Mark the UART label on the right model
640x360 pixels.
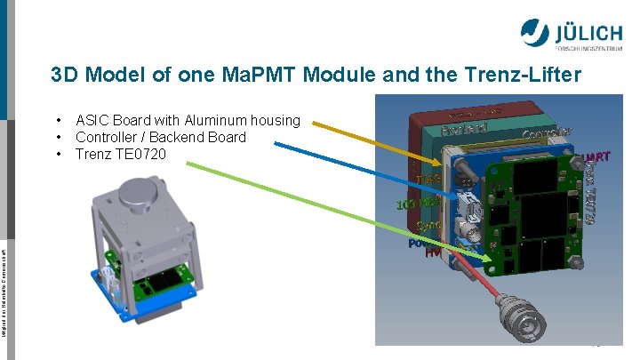pos(593,159)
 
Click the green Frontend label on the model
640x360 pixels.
pos(464,130)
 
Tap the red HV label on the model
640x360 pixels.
pos(434,252)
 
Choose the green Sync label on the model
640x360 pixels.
pos(428,226)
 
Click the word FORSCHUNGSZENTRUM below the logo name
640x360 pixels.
pos(591,48)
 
